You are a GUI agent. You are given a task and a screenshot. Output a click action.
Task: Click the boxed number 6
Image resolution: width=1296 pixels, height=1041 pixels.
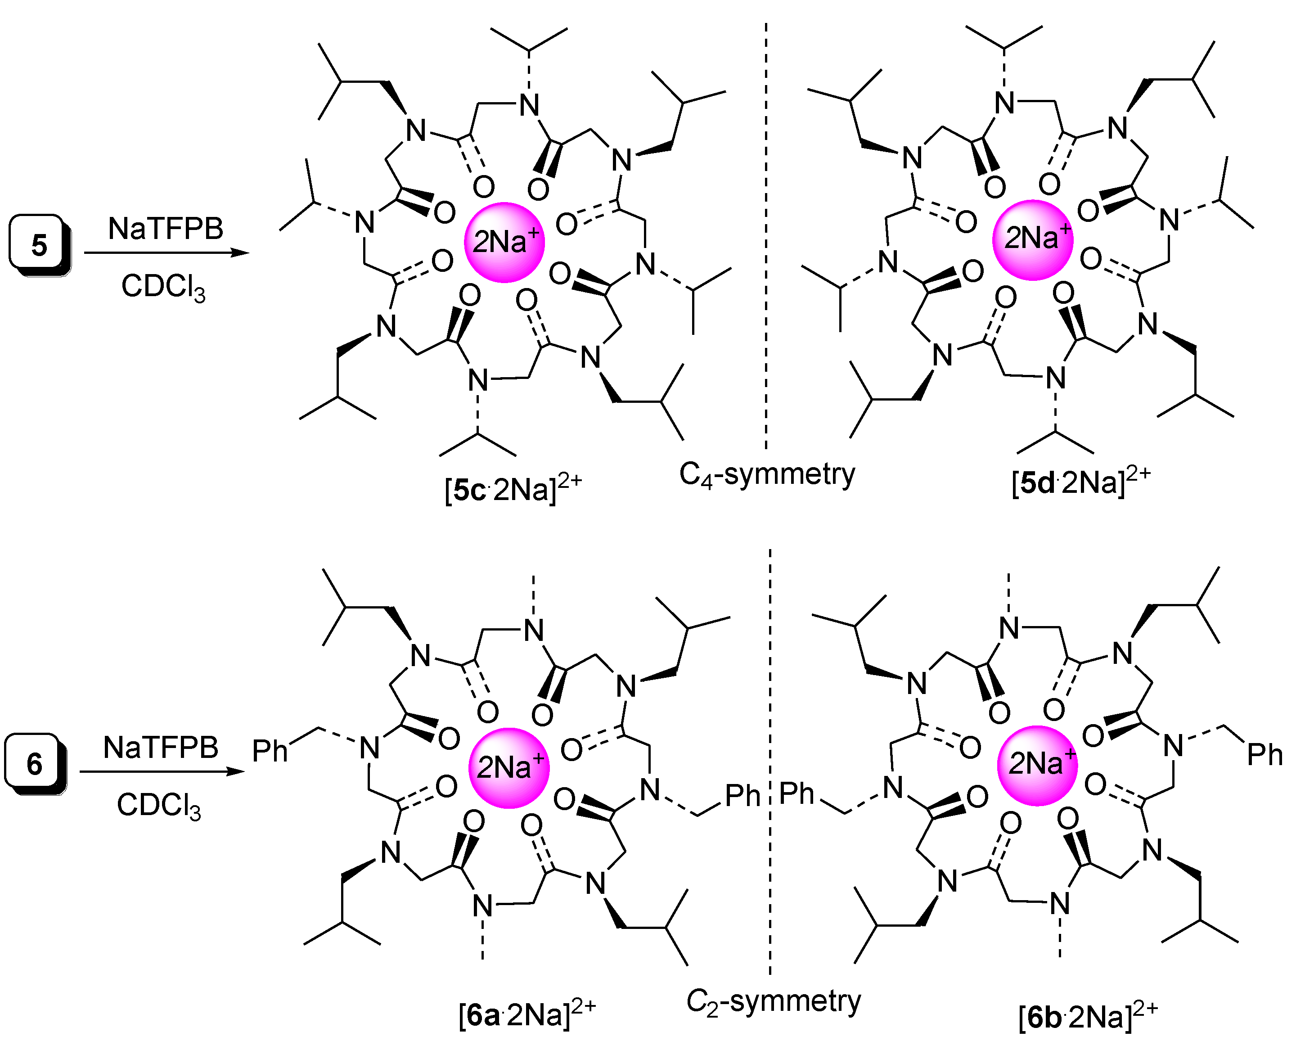34,764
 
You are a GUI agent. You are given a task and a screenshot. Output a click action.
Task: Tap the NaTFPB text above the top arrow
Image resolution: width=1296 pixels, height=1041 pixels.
166,228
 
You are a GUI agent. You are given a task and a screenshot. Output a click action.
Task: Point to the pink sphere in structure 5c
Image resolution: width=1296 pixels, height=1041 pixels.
504,242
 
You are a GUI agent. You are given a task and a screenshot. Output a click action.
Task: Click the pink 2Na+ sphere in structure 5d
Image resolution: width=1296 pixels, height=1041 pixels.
1032,239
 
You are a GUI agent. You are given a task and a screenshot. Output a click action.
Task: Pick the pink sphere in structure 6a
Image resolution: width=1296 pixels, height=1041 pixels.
508,767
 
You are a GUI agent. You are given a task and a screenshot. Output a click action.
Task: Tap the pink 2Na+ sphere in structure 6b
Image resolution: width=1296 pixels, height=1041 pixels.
1037,765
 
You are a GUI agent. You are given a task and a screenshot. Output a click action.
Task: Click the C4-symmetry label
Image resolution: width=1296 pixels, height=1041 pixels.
767,475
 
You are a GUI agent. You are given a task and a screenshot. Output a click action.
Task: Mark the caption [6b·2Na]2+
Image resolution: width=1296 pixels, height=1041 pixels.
1087,1016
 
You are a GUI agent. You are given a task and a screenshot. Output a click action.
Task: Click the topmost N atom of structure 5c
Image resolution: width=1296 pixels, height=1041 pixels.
529,105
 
